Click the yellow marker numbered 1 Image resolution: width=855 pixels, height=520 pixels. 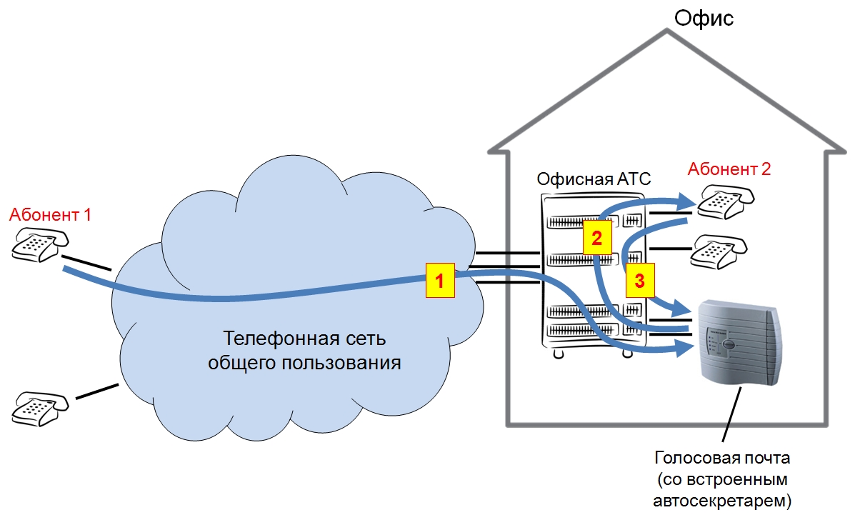440,281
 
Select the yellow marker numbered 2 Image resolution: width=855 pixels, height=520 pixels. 597,238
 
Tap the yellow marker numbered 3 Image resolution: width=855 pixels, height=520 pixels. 640,280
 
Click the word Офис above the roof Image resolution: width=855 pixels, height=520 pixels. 704,18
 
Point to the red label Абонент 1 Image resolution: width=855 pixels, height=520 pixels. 50,214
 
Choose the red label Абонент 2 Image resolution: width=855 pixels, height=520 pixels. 729,169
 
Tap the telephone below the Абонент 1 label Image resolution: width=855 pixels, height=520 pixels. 35,245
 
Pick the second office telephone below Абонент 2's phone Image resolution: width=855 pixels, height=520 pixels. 720,251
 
